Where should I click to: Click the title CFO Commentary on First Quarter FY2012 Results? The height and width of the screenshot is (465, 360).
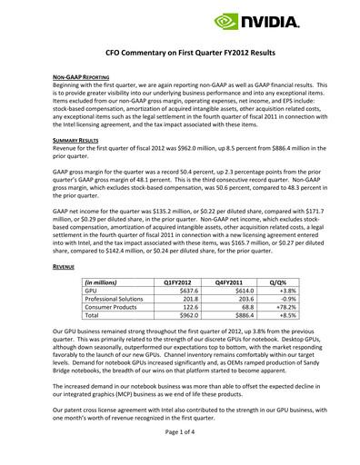[180, 54]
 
